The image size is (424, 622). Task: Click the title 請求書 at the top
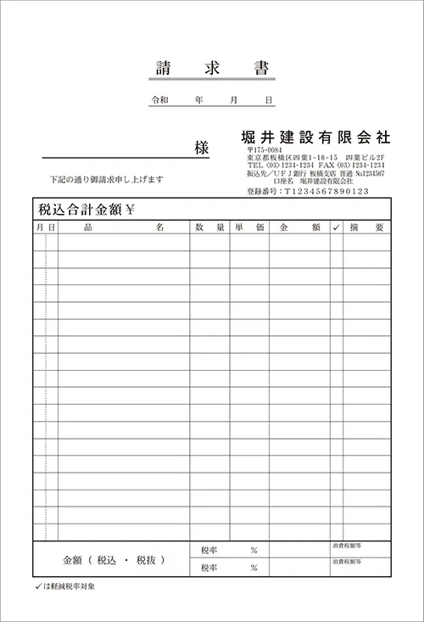212,68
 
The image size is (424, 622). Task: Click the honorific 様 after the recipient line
201,148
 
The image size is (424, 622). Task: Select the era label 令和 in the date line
159,100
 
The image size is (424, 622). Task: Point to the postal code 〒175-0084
265,150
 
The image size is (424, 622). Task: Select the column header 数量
209,227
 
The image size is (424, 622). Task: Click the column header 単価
249,227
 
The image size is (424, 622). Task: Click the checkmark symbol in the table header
336,227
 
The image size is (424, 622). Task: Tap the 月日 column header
46,227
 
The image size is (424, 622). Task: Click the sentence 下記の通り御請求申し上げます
106,180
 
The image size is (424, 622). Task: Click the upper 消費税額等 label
348,546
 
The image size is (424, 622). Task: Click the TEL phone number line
315,165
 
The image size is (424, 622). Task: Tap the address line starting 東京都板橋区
315,158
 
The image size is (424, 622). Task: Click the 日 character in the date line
269,100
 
